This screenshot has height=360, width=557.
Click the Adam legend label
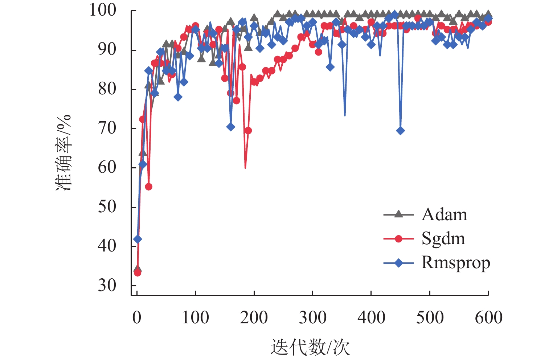(444, 214)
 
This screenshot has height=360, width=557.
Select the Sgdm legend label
(443, 239)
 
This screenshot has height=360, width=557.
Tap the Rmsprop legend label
(455, 263)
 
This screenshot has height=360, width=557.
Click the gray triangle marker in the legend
(398, 214)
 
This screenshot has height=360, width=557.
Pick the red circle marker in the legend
(398, 239)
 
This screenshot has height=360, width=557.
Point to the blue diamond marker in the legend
(398, 263)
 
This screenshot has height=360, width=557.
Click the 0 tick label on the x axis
(137, 317)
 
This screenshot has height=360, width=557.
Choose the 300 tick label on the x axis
(312, 317)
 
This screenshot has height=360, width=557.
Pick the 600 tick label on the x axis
(488, 317)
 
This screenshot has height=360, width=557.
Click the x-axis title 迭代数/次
(310, 347)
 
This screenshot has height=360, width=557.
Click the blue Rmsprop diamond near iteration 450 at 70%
(400, 131)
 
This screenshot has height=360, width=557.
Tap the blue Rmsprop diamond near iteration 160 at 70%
(230, 127)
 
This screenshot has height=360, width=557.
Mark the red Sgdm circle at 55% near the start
(148, 187)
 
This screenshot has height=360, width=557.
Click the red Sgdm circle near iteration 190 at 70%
(248, 131)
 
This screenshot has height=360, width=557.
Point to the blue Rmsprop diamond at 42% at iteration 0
(138, 239)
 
